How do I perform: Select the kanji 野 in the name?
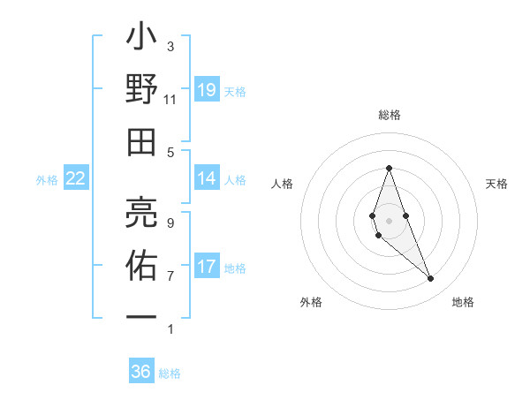click(x=141, y=92)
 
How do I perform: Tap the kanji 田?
click(x=141, y=141)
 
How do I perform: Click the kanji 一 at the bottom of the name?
click(x=141, y=315)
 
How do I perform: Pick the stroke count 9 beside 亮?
click(x=170, y=223)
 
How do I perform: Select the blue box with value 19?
click(x=207, y=90)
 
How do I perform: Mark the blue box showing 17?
click(x=207, y=267)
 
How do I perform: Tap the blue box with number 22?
click(x=76, y=179)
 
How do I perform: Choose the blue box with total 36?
click(x=141, y=372)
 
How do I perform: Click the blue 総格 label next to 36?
click(x=170, y=373)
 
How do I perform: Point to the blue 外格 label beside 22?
click(x=47, y=180)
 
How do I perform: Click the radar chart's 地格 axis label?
click(x=463, y=302)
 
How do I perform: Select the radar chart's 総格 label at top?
click(x=389, y=115)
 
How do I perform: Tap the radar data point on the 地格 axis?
click(x=431, y=279)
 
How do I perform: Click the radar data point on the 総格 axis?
click(x=389, y=168)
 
